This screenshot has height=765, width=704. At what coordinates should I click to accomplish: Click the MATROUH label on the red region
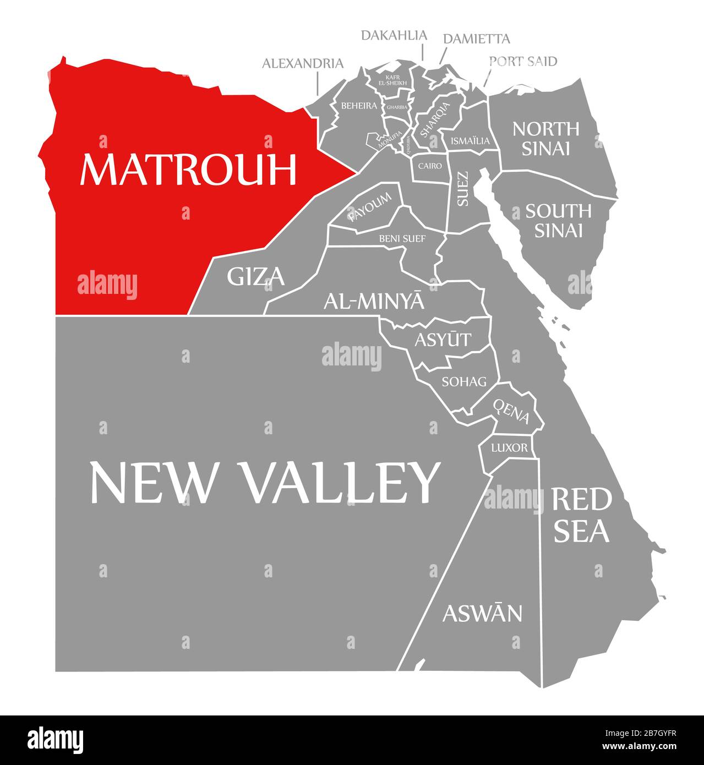(188, 170)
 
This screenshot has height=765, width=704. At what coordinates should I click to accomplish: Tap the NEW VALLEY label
(265, 482)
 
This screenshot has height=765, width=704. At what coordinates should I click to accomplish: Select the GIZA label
(256, 276)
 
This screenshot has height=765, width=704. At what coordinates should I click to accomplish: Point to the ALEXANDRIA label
(302, 63)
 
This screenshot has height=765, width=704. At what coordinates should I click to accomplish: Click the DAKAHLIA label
(394, 35)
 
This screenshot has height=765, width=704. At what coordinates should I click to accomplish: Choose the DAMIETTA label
(476, 39)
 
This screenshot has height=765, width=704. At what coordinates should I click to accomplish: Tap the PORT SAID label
(523, 61)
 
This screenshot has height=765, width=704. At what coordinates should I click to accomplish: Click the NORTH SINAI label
(545, 138)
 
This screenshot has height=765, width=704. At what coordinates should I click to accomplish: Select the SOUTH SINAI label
(558, 220)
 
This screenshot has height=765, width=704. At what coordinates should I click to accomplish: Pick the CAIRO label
(430, 166)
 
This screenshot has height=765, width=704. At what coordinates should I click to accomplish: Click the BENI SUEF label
(402, 238)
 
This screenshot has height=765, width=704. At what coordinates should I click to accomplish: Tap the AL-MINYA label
(374, 301)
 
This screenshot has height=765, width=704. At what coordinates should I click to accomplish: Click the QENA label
(511, 411)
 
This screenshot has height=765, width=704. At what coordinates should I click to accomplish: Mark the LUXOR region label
(509, 447)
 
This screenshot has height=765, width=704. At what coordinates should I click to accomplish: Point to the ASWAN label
(482, 613)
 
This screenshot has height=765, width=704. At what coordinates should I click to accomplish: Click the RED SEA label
(581, 515)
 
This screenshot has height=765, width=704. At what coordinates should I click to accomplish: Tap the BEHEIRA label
(359, 105)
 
